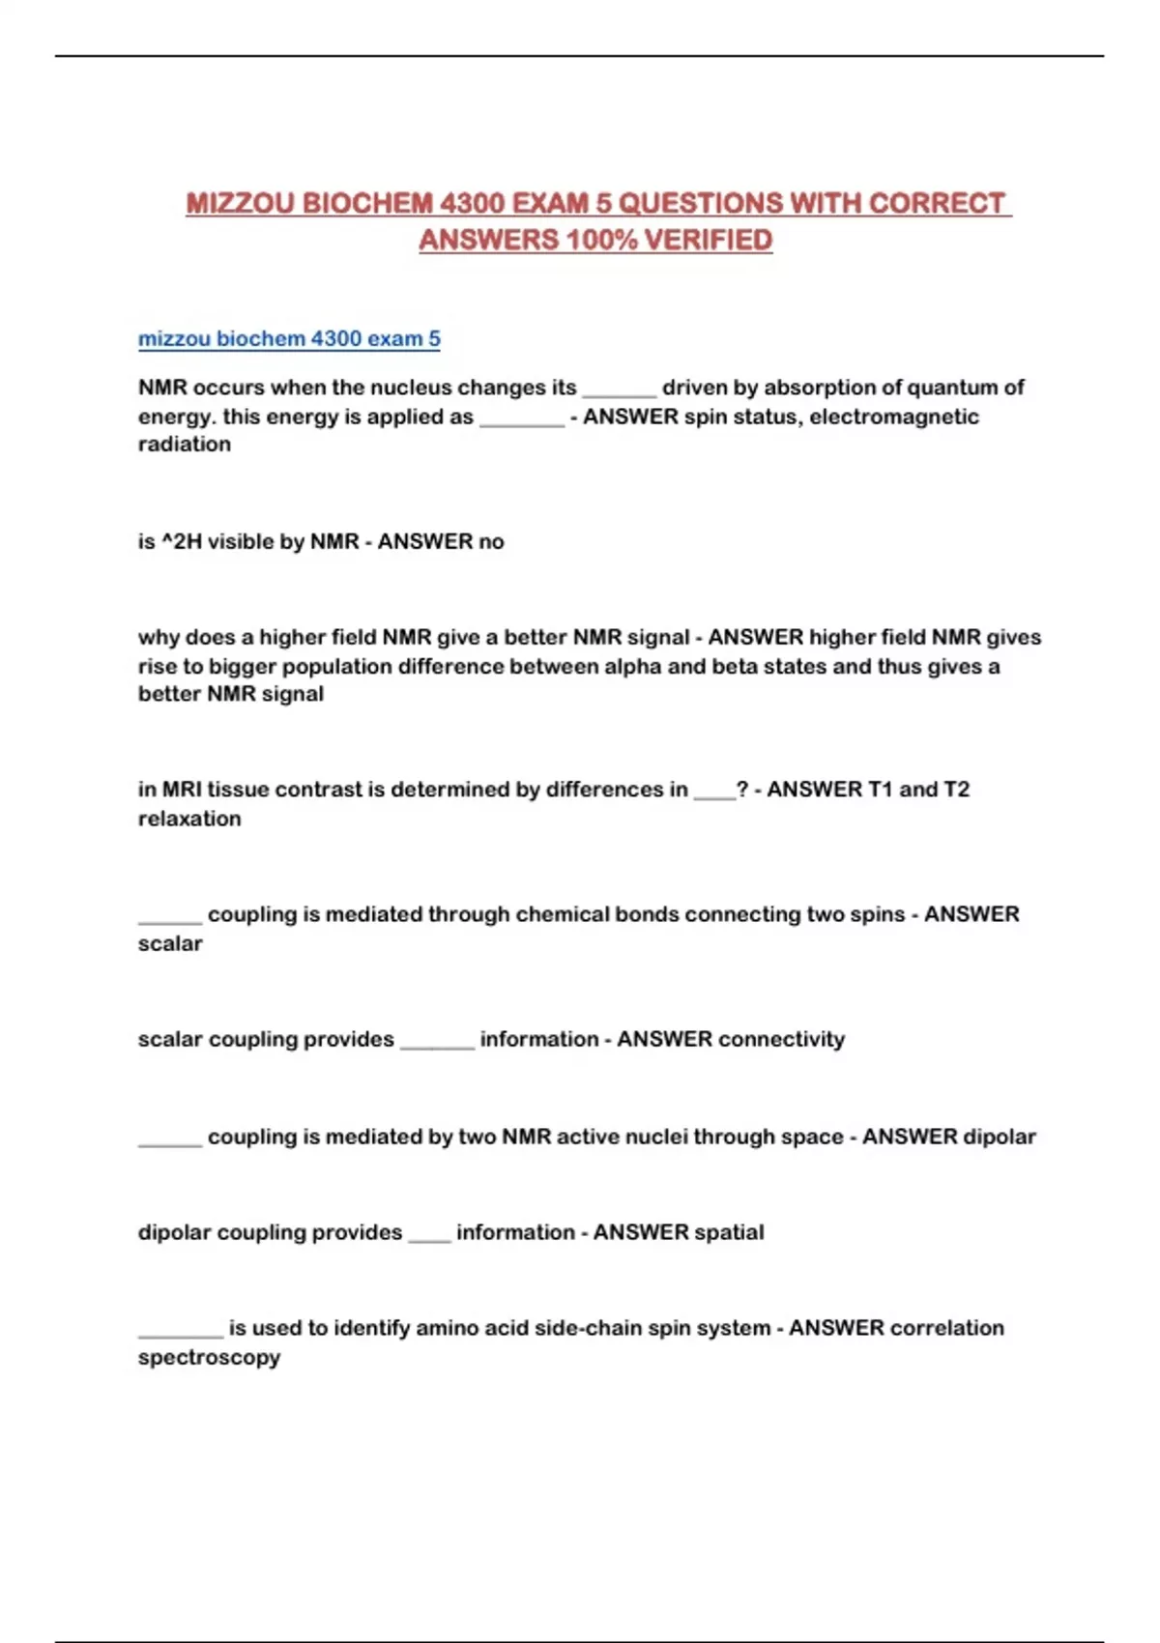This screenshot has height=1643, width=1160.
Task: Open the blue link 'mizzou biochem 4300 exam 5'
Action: (x=289, y=339)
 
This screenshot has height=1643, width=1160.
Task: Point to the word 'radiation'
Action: (x=185, y=445)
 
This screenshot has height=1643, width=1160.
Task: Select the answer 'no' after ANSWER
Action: (x=491, y=541)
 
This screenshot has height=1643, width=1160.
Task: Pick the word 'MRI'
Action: (x=182, y=790)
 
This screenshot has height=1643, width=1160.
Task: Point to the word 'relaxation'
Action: (x=189, y=819)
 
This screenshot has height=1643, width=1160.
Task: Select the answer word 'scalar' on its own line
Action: (x=170, y=943)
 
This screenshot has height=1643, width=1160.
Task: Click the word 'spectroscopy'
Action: (x=209, y=1357)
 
